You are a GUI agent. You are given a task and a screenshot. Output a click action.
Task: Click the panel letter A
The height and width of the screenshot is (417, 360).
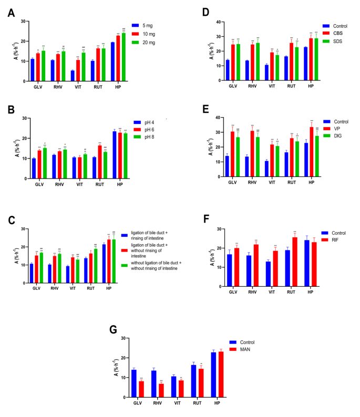pos(11,13)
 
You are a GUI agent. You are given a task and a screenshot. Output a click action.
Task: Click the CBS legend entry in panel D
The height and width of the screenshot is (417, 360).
pos(337,33)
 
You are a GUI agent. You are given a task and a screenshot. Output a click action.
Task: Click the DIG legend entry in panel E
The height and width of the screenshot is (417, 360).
pos(337,136)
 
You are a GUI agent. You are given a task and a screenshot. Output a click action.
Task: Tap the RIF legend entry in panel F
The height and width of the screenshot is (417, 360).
pos(335,239)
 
